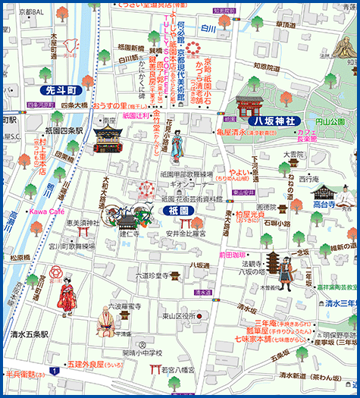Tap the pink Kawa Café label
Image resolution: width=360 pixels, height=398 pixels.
[x=46, y=211]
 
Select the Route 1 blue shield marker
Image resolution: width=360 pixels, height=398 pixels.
[x=55, y=371]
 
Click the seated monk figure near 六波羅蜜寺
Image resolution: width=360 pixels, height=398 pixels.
[x=105, y=322]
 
